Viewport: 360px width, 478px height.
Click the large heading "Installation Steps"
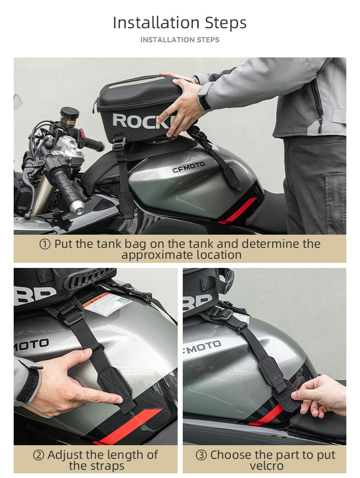(x=180, y=23)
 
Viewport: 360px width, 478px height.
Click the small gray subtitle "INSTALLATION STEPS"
(x=180, y=40)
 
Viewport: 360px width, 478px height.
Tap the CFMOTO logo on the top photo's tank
(x=188, y=167)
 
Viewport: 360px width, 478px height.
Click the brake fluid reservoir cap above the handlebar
(x=69, y=111)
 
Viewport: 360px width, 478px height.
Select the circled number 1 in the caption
(x=45, y=244)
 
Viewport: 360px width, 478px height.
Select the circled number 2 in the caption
(x=39, y=455)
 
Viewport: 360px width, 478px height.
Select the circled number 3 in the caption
(x=201, y=455)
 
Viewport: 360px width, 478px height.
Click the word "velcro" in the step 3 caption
(x=267, y=466)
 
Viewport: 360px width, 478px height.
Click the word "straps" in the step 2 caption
(x=108, y=466)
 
